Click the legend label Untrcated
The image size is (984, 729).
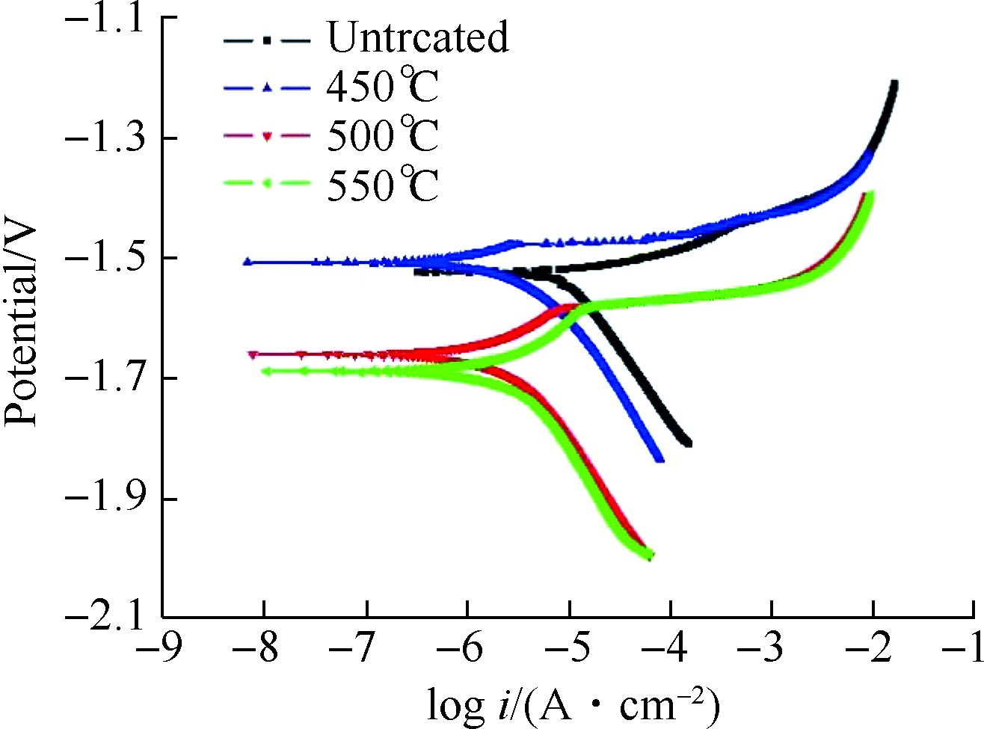(417, 37)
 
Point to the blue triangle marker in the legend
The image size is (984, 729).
(267, 88)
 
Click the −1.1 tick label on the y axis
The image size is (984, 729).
(104, 18)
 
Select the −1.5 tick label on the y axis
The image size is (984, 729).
(104, 258)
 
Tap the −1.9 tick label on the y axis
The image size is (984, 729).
(104, 499)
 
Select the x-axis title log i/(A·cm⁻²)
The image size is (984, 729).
(573, 703)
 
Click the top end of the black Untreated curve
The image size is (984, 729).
(894, 82)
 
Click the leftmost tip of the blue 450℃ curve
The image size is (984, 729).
(245, 262)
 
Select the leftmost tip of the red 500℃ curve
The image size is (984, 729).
(252, 354)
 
